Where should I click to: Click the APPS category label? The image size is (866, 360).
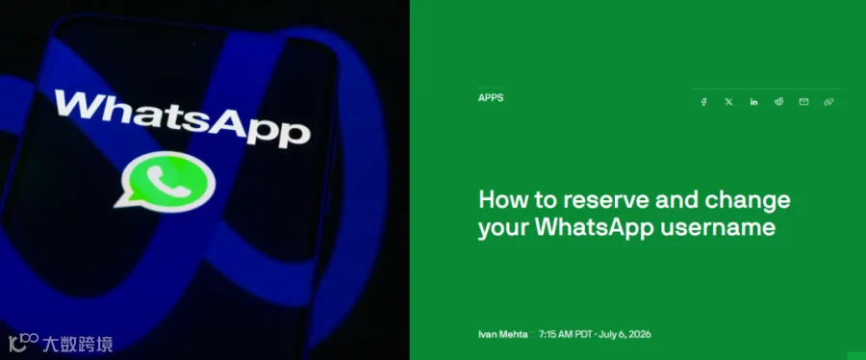coord(491,98)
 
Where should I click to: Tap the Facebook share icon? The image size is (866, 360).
coord(703,102)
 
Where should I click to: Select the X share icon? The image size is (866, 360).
coord(728,102)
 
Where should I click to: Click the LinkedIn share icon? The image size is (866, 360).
coord(753,102)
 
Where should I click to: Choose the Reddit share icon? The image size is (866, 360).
coord(778,102)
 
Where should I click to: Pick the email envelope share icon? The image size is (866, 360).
coord(803,102)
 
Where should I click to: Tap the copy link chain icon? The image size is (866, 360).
coord(828,102)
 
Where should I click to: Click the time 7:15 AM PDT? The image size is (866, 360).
coord(565,334)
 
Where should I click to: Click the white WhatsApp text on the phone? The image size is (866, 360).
coord(182,118)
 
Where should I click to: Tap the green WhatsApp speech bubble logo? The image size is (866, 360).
coord(166,180)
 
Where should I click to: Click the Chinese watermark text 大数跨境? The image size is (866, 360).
coord(77,344)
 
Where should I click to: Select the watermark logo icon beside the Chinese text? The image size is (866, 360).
coord(23,341)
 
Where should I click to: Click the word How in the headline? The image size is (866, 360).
coord(497,200)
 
